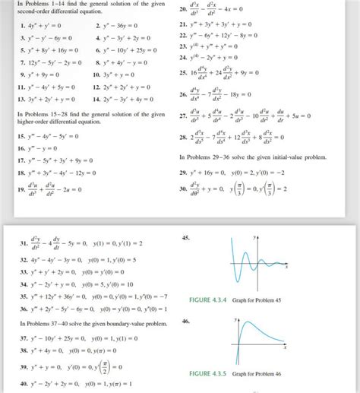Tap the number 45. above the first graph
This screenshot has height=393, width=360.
coord(187,239)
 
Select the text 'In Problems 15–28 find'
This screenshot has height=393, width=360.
coord(47,114)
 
